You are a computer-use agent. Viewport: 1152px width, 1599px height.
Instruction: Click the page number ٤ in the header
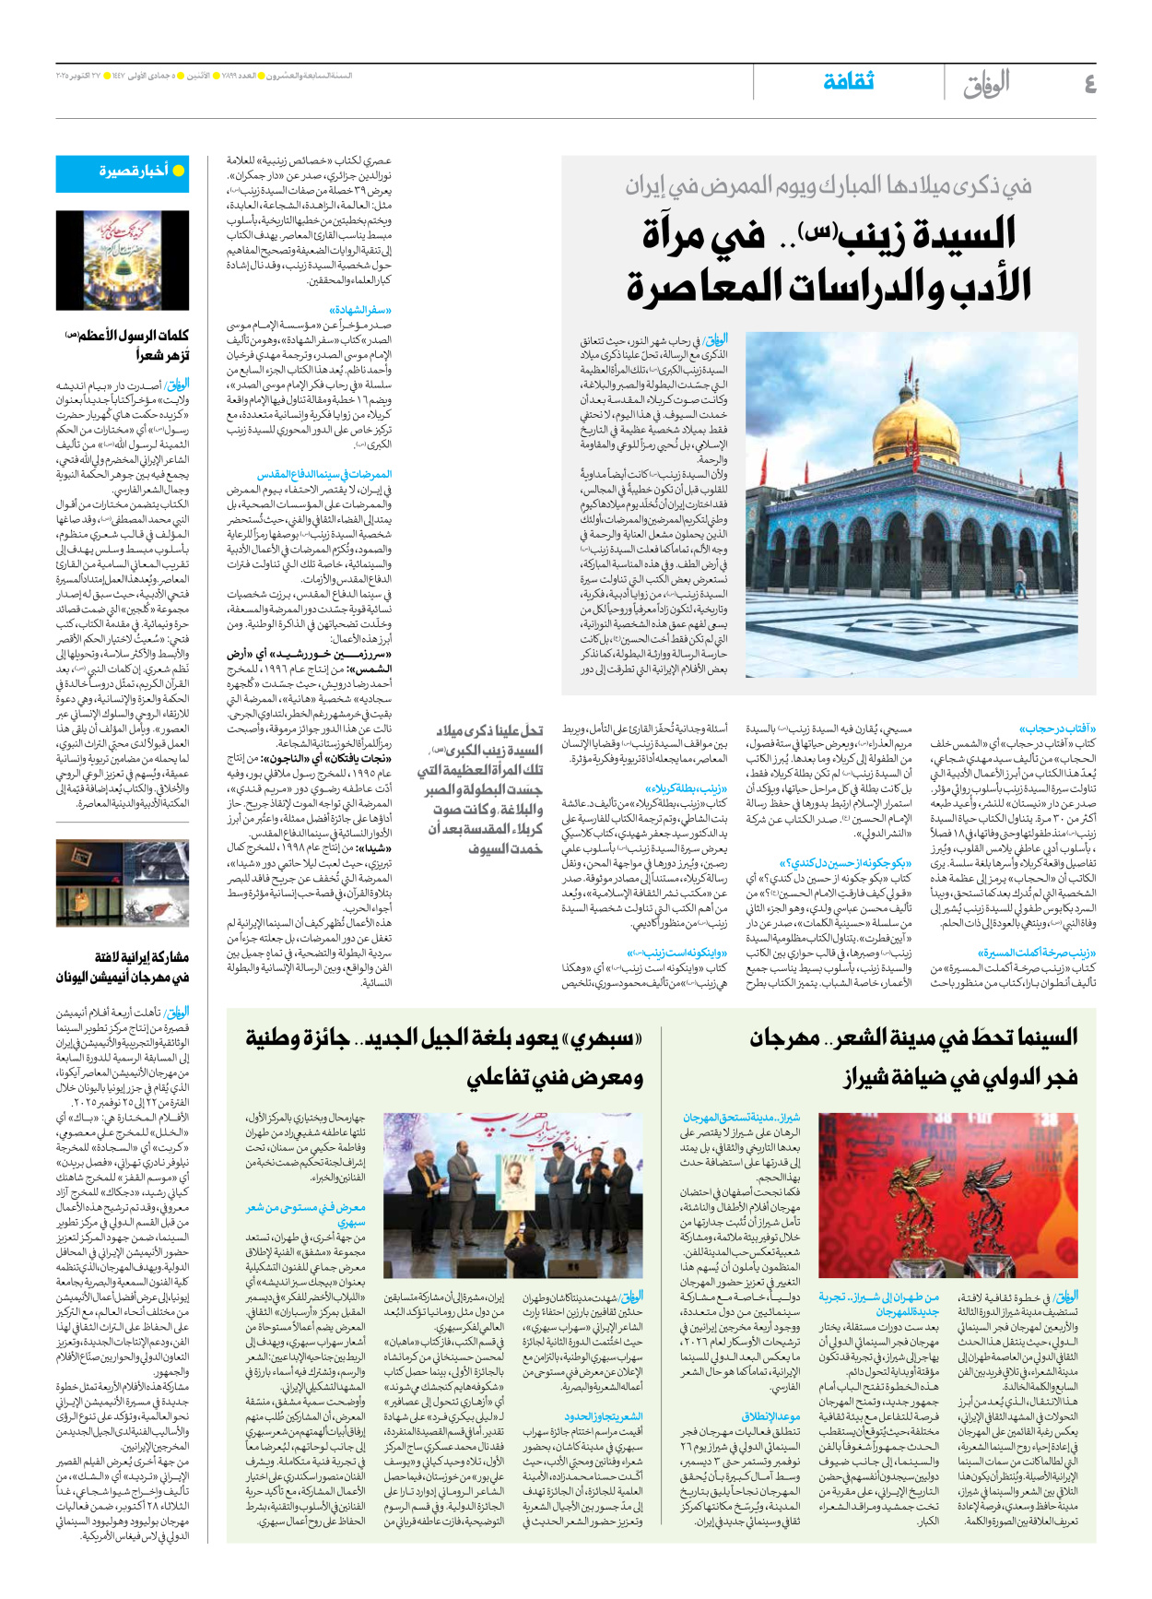pyautogui.click(x=1089, y=83)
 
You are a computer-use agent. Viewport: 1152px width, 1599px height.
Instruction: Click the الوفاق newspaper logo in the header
pyautogui.click(x=987, y=83)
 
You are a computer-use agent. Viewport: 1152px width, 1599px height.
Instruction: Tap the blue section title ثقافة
pyautogui.click(x=848, y=81)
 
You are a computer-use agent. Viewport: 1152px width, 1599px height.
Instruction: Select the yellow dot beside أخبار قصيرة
pyautogui.click(x=179, y=171)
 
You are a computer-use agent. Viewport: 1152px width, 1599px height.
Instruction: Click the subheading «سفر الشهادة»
pyautogui.click(x=360, y=311)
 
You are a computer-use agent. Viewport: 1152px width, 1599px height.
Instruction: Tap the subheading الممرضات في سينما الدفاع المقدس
pyautogui.click(x=324, y=475)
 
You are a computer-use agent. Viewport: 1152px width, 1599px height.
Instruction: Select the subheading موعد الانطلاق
pyautogui.click(x=770, y=1416)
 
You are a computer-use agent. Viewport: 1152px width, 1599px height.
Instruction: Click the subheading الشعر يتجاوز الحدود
pyautogui.click(x=604, y=1416)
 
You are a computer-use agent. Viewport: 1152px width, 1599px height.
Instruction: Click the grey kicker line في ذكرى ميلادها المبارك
pyautogui.click(x=829, y=187)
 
